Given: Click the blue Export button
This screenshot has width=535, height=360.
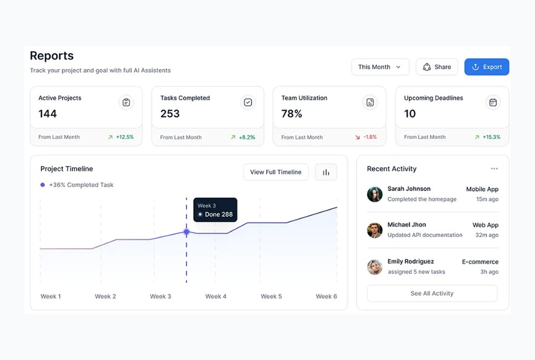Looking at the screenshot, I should point(487,67).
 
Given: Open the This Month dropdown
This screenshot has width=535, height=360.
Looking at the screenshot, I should point(380,67).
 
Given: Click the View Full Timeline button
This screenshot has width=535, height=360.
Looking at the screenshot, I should point(276,172).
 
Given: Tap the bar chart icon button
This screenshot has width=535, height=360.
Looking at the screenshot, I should point(326,172).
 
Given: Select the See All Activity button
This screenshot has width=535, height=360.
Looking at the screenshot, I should point(432,293).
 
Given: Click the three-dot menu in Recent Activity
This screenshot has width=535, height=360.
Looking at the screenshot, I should point(494,169).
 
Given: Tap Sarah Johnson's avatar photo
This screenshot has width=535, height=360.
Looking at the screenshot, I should point(375,194).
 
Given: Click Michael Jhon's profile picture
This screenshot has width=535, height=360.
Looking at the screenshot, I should point(375,230).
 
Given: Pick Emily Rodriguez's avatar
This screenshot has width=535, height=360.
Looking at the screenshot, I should point(375,267).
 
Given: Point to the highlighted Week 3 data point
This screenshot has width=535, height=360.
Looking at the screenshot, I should point(186,232).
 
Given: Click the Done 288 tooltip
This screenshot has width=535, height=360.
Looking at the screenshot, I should point(215,210).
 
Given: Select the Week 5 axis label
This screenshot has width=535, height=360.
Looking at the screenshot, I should point(271,296).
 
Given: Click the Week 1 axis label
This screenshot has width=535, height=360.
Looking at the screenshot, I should point(51,296).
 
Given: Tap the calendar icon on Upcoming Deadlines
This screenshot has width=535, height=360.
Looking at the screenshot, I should point(493,103).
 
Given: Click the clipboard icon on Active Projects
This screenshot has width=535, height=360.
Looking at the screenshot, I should point(126,103).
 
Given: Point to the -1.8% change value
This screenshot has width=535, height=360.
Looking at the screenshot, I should point(370,137).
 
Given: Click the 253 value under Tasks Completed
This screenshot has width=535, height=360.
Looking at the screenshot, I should point(170,114).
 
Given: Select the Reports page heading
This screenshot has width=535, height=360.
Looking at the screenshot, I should point(52,56).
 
